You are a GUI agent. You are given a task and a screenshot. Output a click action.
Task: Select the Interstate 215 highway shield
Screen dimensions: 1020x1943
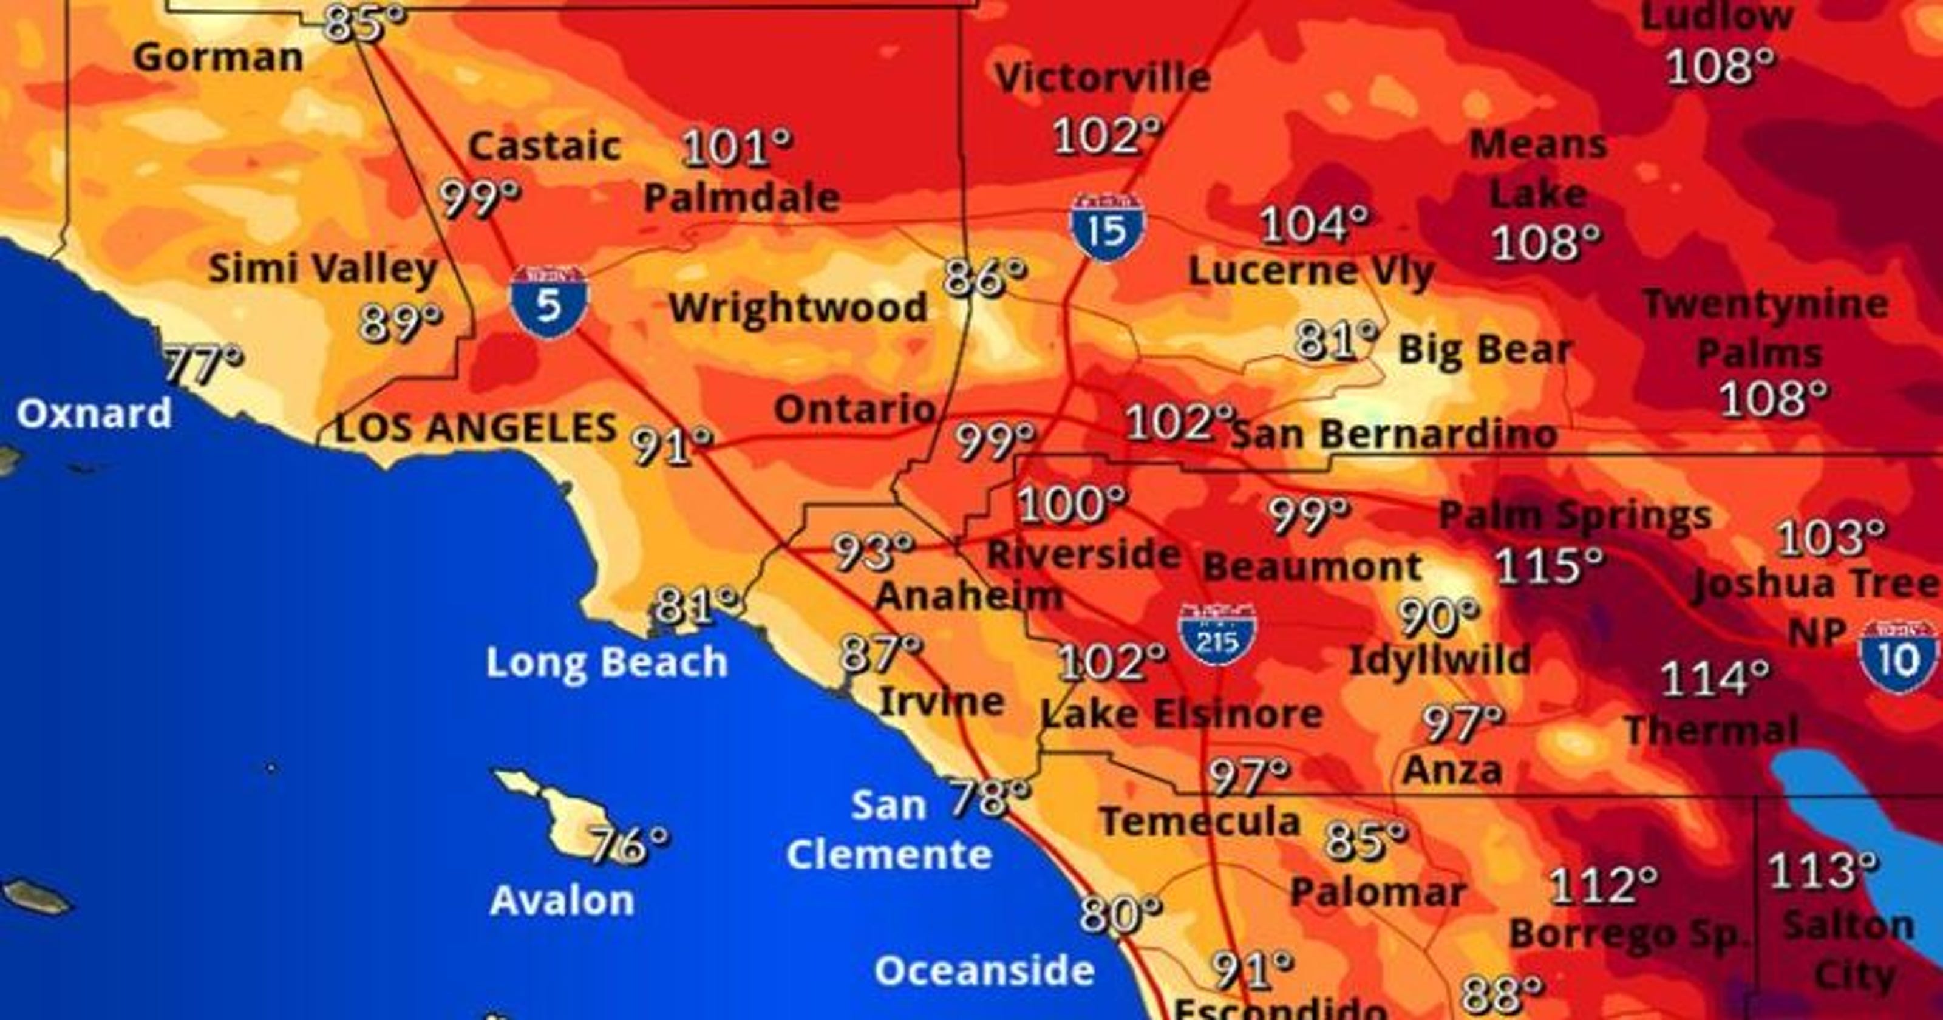click(1217, 636)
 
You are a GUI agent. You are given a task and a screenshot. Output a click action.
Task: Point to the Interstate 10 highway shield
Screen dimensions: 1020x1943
click(1897, 656)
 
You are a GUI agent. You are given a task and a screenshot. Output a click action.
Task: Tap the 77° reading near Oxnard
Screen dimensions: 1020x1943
click(203, 364)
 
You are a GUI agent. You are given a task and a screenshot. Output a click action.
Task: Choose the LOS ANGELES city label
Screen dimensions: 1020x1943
click(475, 429)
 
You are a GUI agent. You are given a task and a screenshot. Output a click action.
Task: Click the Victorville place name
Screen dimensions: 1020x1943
click(1103, 78)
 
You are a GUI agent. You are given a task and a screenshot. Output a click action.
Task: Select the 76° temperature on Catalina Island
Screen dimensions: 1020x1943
click(628, 843)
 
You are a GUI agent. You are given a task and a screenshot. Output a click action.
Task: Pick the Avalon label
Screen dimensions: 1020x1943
click(562, 901)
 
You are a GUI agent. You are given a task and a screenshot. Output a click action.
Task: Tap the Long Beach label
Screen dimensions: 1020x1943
click(607, 662)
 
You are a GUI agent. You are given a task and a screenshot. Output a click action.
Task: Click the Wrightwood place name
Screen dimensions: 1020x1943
click(798, 308)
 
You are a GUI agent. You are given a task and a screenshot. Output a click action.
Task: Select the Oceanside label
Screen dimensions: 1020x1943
click(984, 971)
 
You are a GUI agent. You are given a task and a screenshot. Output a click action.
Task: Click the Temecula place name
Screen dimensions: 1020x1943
click(1200, 821)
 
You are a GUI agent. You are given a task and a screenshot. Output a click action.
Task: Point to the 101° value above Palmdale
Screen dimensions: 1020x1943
click(736, 147)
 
